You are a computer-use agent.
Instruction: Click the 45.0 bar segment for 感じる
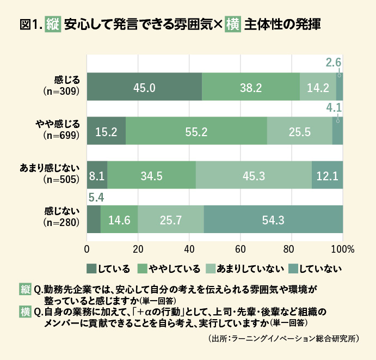tap(144, 87)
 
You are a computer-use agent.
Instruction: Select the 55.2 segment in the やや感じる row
tap(196, 131)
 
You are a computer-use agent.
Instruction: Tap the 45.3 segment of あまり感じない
tap(254, 175)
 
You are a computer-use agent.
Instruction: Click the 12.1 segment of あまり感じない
tap(327, 175)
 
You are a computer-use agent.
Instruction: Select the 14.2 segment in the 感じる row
tap(318, 87)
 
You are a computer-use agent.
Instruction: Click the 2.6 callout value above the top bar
tap(333, 63)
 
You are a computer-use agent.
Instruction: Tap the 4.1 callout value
tap(333, 107)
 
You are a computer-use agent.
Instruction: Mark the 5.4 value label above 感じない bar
tap(95, 195)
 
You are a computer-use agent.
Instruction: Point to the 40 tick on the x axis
tap(189, 249)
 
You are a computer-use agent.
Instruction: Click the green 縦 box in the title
tap(52, 25)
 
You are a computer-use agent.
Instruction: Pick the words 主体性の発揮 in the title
tap(282, 25)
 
